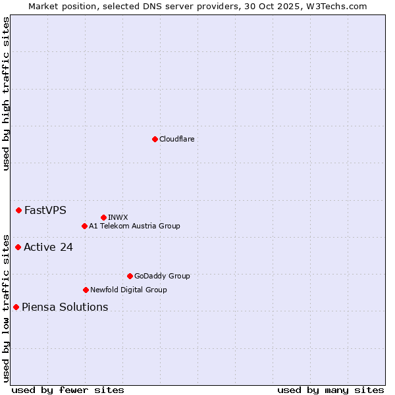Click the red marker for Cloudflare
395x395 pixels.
coord(155,139)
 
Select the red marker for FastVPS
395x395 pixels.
coord(18,210)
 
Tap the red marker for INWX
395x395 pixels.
coord(103,217)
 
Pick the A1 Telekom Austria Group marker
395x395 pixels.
coord(84,226)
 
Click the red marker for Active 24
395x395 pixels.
coord(18,247)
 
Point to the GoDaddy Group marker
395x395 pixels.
coord(130,276)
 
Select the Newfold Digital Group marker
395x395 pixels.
coord(86,290)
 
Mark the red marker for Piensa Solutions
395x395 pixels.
coord(16,307)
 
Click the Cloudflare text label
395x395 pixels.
coord(177,139)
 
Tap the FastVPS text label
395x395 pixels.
coord(45,211)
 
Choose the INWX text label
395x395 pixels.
coord(118,217)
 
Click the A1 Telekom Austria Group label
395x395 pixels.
coord(134,226)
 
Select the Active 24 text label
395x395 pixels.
coord(48,248)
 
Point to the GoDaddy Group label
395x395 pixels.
coord(162,276)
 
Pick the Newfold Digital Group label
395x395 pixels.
coord(128,290)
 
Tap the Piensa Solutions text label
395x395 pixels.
coord(65,307)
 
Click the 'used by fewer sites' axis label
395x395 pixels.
coord(68,390)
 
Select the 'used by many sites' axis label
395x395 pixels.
coord(330,390)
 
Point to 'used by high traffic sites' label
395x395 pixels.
coord(6,93)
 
